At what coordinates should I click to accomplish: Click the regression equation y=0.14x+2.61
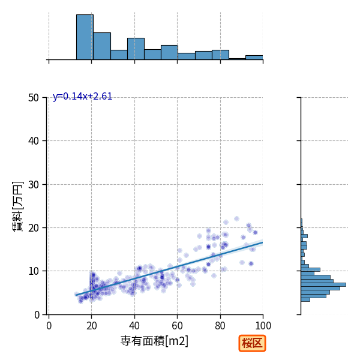click(82, 97)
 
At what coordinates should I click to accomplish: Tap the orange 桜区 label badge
click(252, 343)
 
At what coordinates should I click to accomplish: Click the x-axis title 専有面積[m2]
click(154, 341)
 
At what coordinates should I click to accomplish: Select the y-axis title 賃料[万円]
click(17, 206)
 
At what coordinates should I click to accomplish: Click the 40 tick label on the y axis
click(34, 141)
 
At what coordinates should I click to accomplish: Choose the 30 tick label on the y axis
click(34, 184)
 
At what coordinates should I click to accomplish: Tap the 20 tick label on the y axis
click(34, 228)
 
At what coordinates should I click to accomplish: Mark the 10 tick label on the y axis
click(34, 271)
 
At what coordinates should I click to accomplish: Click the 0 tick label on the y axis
click(37, 315)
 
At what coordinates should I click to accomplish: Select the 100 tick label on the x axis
click(263, 326)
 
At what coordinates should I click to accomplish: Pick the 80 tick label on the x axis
click(220, 326)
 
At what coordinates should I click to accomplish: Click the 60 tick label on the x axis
click(177, 326)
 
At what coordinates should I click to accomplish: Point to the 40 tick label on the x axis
click(134, 326)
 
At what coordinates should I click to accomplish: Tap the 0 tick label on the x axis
click(49, 326)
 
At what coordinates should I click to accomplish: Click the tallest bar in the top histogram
click(85, 37)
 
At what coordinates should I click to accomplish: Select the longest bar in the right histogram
click(323, 284)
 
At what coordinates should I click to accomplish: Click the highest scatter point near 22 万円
click(236, 219)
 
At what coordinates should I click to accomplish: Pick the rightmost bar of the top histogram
click(254, 58)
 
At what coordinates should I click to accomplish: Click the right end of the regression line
click(263, 242)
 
